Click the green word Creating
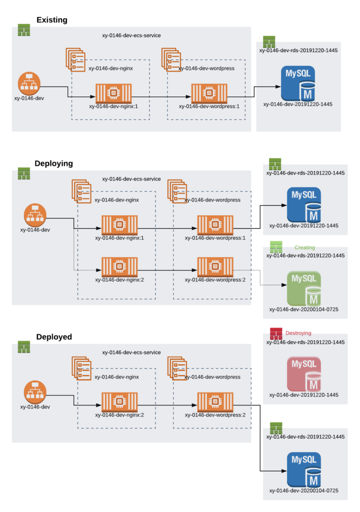pyautogui.click(x=304, y=247)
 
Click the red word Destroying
pyautogui.click(x=298, y=332)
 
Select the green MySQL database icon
pyautogui.click(x=303, y=288)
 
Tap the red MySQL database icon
pyautogui.click(x=303, y=373)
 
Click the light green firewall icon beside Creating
pyautogui.click(x=276, y=246)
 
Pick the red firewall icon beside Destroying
pyautogui.click(x=276, y=333)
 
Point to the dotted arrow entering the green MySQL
pyautogui.click(x=275, y=285)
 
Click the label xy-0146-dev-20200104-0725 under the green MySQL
pyautogui.click(x=303, y=309)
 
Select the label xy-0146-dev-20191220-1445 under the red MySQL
pyautogui.click(x=303, y=395)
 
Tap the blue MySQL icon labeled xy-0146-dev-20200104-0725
pyautogui.click(x=303, y=469)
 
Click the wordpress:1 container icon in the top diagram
pyautogui.click(x=209, y=93)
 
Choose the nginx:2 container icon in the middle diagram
pyautogui.click(x=119, y=266)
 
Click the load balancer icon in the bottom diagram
pyautogui.click(x=35, y=392)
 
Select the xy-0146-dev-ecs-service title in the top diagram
pyautogui.click(x=131, y=35)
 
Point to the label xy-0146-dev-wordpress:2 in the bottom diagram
pyautogui.click(x=215, y=415)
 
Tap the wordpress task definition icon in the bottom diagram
pyautogui.click(x=177, y=368)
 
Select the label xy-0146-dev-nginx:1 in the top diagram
pyautogui.click(x=113, y=106)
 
